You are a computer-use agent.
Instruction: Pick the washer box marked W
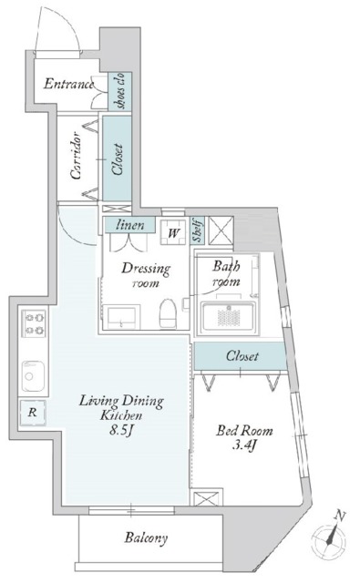(x=172, y=233)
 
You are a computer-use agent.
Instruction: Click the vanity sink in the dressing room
(x=121, y=318)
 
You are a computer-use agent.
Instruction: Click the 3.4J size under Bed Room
(x=242, y=445)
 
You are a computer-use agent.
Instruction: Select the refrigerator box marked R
(x=33, y=413)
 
